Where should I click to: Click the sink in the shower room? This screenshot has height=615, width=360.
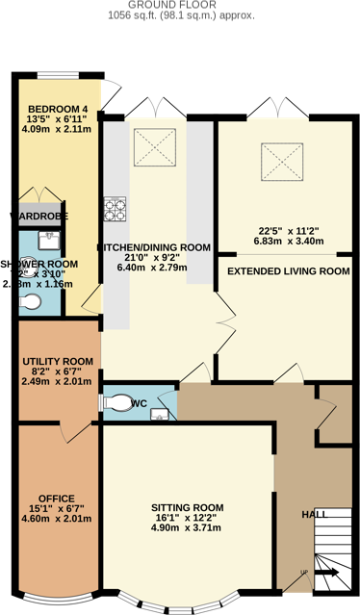coord(47,240)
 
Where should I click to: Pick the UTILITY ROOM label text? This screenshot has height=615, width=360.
coord(58,361)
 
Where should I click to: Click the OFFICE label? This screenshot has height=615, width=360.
coord(56,498)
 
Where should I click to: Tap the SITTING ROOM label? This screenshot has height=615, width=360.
coord(187,507)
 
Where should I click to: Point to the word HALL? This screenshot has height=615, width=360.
coord(315,515)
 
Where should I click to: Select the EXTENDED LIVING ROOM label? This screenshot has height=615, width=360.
coord(287,271)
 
